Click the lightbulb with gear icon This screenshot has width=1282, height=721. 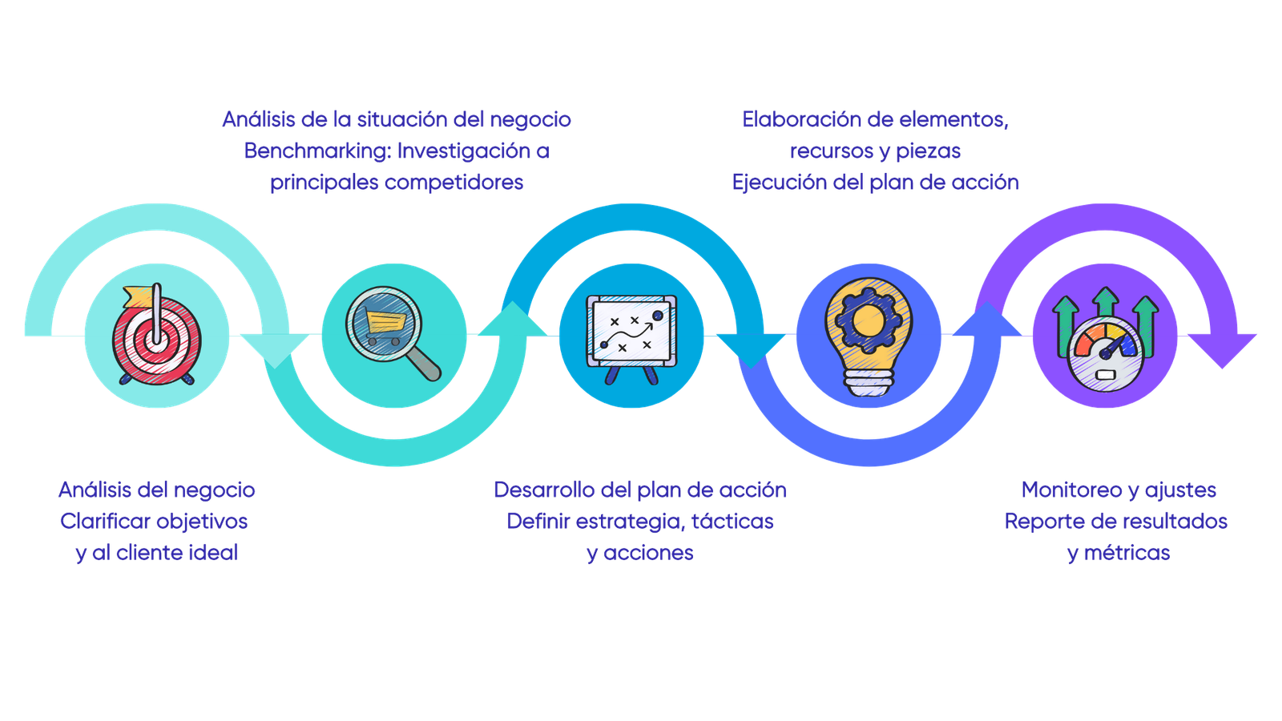pos(866,336)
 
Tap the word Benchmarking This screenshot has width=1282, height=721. pos(316,151)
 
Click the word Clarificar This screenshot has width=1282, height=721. pos(103,522)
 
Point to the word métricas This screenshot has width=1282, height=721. pos(1127,553)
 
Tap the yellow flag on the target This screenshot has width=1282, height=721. pos(137,297)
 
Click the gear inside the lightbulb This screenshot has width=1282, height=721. pos(866,319)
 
